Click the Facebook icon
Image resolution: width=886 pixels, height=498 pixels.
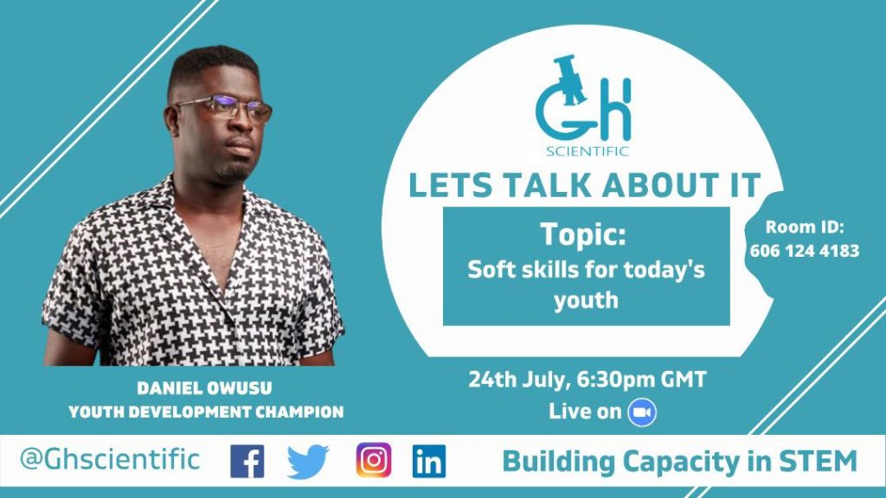pos(247,462)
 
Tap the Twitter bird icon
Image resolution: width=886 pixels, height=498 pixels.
pos(308,462)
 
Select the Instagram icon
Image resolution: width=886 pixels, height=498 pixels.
pos(374,461)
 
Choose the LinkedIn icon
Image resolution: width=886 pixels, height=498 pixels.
pos(429,462)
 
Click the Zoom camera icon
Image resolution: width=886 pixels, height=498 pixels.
pos(642,412)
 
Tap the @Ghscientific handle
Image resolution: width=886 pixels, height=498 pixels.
pos(110,459)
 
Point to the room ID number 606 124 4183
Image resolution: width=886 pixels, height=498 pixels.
pos(805,251)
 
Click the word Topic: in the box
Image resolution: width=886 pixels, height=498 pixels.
pos(583,233)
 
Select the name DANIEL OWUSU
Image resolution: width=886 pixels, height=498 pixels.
pos(204,388)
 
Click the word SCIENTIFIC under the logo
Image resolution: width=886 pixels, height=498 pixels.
pos(587,151)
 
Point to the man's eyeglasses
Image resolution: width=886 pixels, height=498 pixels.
pos(225,108)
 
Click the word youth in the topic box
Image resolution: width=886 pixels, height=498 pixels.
pos(586,300)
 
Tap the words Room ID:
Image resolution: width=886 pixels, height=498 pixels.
pos(805,227)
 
